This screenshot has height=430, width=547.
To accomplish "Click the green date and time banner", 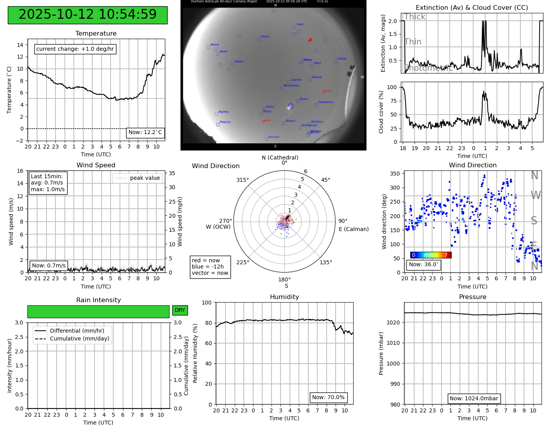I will coord(88,15).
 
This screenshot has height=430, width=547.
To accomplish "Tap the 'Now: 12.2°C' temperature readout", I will coord(145,133).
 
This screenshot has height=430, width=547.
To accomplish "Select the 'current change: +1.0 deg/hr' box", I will coord(75,49).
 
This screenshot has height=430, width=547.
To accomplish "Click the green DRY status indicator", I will coord(180,310).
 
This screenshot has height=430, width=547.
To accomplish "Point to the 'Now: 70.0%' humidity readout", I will coord(328,398).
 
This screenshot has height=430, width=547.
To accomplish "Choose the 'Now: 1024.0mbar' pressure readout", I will coord(474,399).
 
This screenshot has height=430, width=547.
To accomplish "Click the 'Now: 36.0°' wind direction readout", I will coord(424,265).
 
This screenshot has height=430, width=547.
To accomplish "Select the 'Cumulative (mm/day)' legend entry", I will coord(79,339).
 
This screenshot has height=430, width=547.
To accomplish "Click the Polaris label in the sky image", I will coord(265,36).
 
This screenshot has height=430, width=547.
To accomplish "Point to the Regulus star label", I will coord(225,122).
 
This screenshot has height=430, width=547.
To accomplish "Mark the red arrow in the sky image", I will coord(310,40).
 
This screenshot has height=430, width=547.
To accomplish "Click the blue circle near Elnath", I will coord(290,106).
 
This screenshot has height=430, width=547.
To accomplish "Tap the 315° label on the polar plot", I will coord(242,180).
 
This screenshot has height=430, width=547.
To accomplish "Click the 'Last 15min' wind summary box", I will coord(48,183).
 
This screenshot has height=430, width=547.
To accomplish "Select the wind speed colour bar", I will coord(431,255).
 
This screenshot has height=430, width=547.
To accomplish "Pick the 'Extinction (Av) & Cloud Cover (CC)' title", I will coord(472,8).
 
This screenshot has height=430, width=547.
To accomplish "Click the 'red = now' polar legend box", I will coord(210,267).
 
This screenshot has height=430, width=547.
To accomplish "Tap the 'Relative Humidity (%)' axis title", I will coord(195,353).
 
